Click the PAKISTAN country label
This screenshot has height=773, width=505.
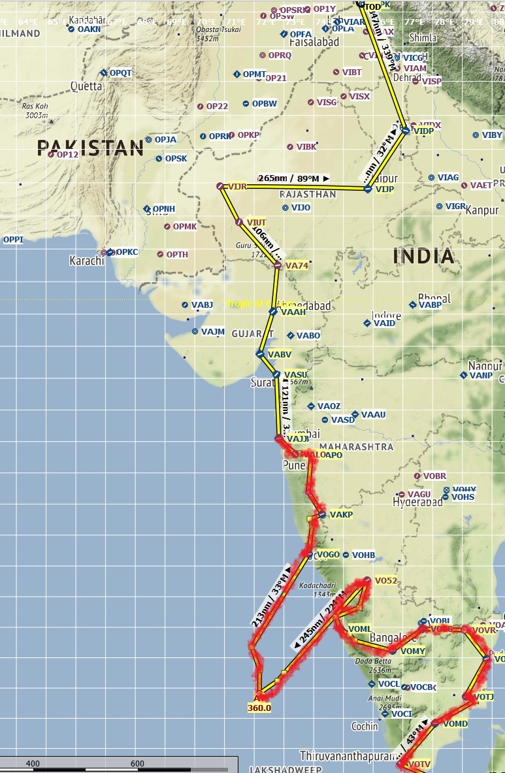[90, 148]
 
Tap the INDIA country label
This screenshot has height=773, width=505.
[423, 255]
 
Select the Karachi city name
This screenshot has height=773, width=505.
[86, 261]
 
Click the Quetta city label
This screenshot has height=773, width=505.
[87, 86]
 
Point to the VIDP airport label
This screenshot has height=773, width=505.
[424, 131]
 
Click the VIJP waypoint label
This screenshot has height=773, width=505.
[385, 189]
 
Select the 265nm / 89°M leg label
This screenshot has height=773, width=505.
[293, 178]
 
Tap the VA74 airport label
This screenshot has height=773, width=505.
[296, 266]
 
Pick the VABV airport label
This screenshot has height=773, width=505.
[280, 354]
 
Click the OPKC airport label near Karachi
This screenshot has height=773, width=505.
[127, 252]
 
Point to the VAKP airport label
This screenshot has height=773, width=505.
[341, 515]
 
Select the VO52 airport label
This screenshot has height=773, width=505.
[385, 580]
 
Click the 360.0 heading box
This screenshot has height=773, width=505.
[259, 707]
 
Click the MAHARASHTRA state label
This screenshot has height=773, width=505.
[357, 447]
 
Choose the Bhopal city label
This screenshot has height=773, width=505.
[434, 297]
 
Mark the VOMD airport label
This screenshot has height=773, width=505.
[455, 724]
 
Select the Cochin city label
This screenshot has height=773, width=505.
[364, 726]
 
